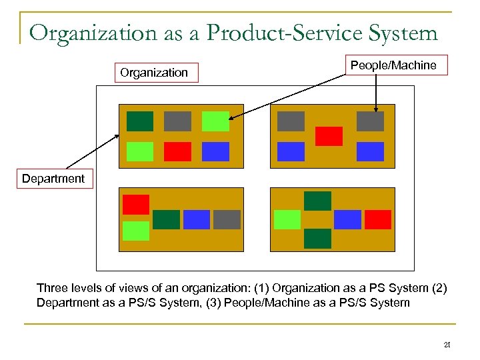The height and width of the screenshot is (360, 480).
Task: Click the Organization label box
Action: [154, 72]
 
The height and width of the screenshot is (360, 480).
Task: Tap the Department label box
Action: [53, 179]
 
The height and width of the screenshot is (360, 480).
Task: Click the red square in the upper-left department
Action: [177, 152]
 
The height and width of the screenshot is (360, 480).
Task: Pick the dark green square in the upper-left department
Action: [140, 121]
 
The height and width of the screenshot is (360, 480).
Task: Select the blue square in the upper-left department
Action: [215, 152]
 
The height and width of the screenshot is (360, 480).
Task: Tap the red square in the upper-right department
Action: [329, 136]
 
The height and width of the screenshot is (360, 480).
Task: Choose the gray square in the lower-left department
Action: [227, 219]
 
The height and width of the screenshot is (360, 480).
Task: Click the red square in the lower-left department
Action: [136, 204]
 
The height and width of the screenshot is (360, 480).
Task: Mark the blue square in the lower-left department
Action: [197, 219]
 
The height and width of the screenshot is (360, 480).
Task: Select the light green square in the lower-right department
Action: [287, 219]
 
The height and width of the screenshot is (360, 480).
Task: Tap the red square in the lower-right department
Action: [378, 219]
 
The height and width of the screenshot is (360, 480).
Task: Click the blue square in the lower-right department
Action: [347, 219]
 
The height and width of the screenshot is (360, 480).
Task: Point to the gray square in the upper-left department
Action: [177, 121]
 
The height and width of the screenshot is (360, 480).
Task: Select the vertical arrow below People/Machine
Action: [376, 93]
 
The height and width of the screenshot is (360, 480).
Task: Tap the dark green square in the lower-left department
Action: [167, 219]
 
